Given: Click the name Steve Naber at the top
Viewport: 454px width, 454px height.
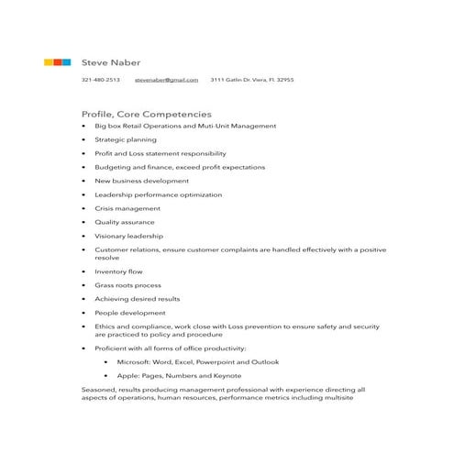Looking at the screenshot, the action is click(111, 62).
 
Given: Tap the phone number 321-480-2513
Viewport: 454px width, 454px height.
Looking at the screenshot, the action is click(100, 81).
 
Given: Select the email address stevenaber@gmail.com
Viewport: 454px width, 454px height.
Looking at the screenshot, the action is click(166, 81).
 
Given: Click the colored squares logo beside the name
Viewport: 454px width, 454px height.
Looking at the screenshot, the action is click(57, 62).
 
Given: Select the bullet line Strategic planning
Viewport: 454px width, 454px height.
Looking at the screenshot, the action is click(126, 140).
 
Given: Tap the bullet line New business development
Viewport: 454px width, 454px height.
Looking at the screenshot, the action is click(142, 181).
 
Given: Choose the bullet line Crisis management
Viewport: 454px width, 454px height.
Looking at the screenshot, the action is click(127, 208).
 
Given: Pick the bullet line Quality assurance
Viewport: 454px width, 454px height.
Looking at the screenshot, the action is click(125, 222).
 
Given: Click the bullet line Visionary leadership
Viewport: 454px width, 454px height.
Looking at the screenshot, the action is click(129, 236).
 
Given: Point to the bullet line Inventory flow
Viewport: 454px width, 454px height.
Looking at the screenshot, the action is click(118, 271).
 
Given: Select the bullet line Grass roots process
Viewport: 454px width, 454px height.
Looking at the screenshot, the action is click(127, 285).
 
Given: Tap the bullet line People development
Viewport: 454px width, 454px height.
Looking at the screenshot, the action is click(130, 313).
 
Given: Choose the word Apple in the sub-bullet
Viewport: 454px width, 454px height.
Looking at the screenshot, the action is click(127, 376).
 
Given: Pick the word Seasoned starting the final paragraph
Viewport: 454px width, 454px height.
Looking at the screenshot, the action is click(98, 390).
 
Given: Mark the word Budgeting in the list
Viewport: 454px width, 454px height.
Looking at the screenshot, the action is click(113, 168).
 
